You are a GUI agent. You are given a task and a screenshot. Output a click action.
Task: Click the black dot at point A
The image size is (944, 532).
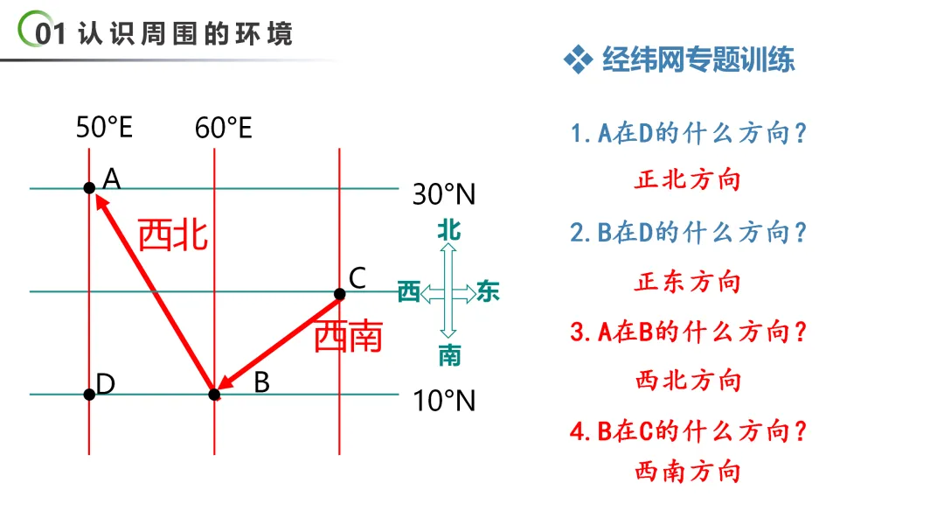point(89,187)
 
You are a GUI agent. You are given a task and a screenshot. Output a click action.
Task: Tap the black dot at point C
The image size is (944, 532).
point(339,293)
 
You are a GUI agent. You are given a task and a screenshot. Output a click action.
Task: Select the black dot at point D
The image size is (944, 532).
point(89,395)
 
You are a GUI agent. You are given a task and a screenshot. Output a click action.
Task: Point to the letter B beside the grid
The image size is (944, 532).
point(261,382)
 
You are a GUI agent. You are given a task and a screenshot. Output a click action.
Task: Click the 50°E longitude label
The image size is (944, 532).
point(104,128)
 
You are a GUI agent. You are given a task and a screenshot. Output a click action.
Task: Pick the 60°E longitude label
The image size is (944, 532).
point(224,129)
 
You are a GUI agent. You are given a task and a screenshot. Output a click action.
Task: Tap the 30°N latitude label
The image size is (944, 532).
point(444,194)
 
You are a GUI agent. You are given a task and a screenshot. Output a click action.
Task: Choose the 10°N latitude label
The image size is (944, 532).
point(444,401)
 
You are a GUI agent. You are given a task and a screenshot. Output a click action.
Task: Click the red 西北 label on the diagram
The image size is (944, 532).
point(173,234)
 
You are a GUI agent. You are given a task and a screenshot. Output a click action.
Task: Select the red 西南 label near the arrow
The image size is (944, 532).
point(348,336)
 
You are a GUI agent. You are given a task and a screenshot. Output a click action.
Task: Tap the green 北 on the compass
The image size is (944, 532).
point(449,230)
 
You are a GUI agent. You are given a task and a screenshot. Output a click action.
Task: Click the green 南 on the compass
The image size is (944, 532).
point(449,355)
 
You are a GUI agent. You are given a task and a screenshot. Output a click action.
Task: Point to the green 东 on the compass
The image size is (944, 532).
point(488,292)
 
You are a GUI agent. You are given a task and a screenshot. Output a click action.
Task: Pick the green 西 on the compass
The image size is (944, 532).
point(409,292)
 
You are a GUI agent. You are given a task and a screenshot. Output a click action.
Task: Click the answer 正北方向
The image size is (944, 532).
point(688,180)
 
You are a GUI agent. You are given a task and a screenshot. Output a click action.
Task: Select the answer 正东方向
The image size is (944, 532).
point(688,282)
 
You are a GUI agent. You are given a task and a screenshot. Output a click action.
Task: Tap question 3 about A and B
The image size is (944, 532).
point(688,332)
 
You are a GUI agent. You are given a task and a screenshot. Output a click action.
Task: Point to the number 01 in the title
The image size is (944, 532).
point(50,33)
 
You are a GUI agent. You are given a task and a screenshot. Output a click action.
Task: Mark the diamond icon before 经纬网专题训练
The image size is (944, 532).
point(578,59)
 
